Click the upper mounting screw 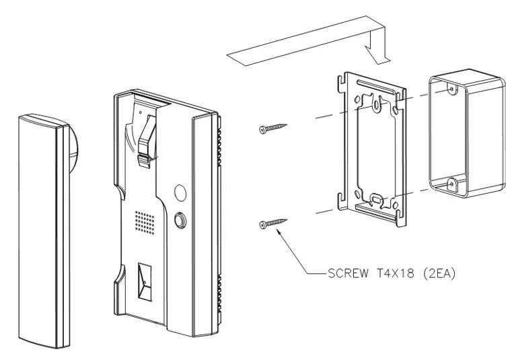point(272,127)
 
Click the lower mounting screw point(272,223)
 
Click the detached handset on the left point(42,229)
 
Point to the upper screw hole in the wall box point(449,87)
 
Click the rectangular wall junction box point(466,135)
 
